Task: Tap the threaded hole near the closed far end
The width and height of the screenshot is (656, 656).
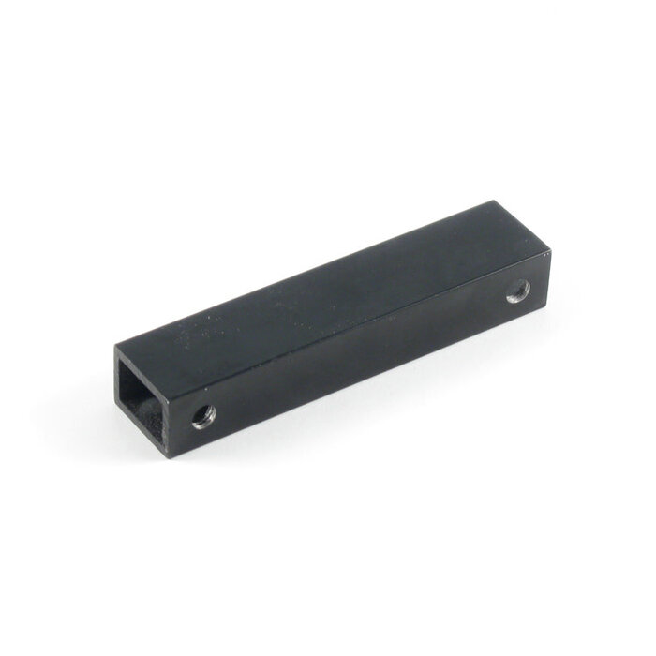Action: (518, 291)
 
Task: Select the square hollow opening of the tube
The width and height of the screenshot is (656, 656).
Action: (146, 405)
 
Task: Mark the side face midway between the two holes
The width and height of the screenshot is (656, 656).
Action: (361, 354)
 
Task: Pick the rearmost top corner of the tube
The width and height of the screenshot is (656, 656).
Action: (496, 201)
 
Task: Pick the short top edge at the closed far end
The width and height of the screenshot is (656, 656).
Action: (521, 226)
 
